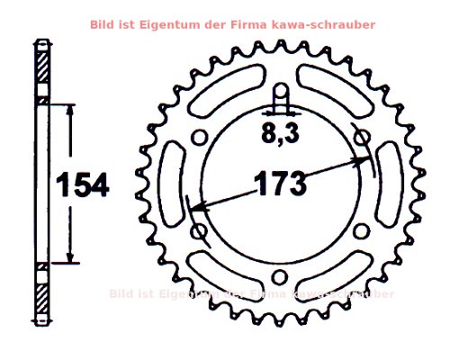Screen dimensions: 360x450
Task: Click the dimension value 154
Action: point(82,185)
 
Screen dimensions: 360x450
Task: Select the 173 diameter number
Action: point(280,184)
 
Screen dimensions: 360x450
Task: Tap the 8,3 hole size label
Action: point(281,135)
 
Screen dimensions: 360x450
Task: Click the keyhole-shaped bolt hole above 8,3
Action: point(281,94)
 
